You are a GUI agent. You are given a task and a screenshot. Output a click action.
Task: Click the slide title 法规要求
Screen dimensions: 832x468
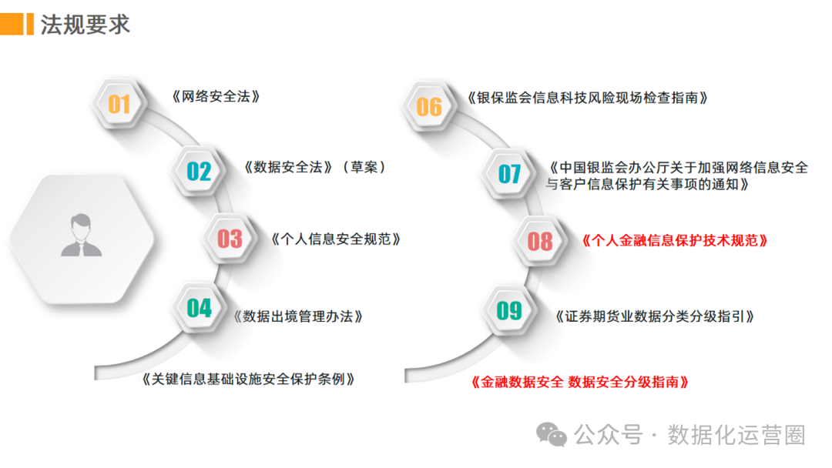point(86,24)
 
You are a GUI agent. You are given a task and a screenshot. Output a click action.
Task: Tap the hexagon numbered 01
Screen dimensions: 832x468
point(119,103)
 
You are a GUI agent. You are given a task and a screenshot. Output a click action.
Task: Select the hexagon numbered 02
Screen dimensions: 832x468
point(199,171)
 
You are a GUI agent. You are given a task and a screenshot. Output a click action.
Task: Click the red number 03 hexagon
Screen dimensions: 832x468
point(230,239)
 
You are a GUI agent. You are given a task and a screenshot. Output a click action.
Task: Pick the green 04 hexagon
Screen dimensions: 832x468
point(199,308)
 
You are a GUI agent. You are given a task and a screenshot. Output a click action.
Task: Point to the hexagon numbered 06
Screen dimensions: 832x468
point(429,106)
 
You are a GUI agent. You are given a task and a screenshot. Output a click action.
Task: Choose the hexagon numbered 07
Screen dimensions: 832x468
point(509,174)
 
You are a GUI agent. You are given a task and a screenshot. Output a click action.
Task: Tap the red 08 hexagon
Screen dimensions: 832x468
point(540,241)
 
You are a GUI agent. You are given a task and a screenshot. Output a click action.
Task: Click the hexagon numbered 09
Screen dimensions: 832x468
point(509,310)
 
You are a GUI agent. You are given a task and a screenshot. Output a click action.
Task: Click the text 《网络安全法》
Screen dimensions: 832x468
point(216,97)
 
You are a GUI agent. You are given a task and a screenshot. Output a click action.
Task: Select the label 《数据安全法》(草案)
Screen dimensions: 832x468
point(315,167)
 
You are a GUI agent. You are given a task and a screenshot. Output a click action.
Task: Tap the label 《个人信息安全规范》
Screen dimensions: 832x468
point(337,239)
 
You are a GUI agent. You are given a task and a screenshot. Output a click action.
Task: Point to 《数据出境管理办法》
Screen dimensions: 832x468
point(298,316)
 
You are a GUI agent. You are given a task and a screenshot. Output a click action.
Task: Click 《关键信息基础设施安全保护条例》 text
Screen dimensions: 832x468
point(248,379)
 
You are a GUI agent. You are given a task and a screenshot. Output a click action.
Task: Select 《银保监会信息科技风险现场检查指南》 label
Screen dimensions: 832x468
point(587,98)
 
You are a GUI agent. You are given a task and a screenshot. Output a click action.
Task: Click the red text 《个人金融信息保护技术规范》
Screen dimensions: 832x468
point(674,240)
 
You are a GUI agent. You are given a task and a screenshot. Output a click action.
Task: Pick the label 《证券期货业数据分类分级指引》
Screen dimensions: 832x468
point(654,316)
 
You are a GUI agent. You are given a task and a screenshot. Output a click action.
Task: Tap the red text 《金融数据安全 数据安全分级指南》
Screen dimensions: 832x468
point(579,382)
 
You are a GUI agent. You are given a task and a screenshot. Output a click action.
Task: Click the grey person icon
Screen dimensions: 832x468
point(82,236)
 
